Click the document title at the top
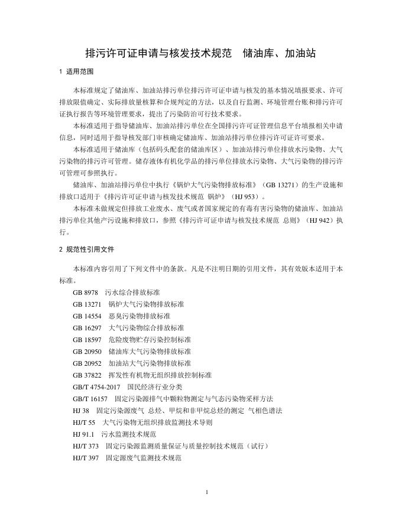[x=201, y=53]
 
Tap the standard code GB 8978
[x=86, y=292]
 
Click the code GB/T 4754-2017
[x=96, y=387]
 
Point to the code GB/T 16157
[x=90, y=399]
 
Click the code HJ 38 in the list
[x=81, y=411]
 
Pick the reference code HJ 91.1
[x=84, y=434]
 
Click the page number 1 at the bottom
[x=207, y=492]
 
